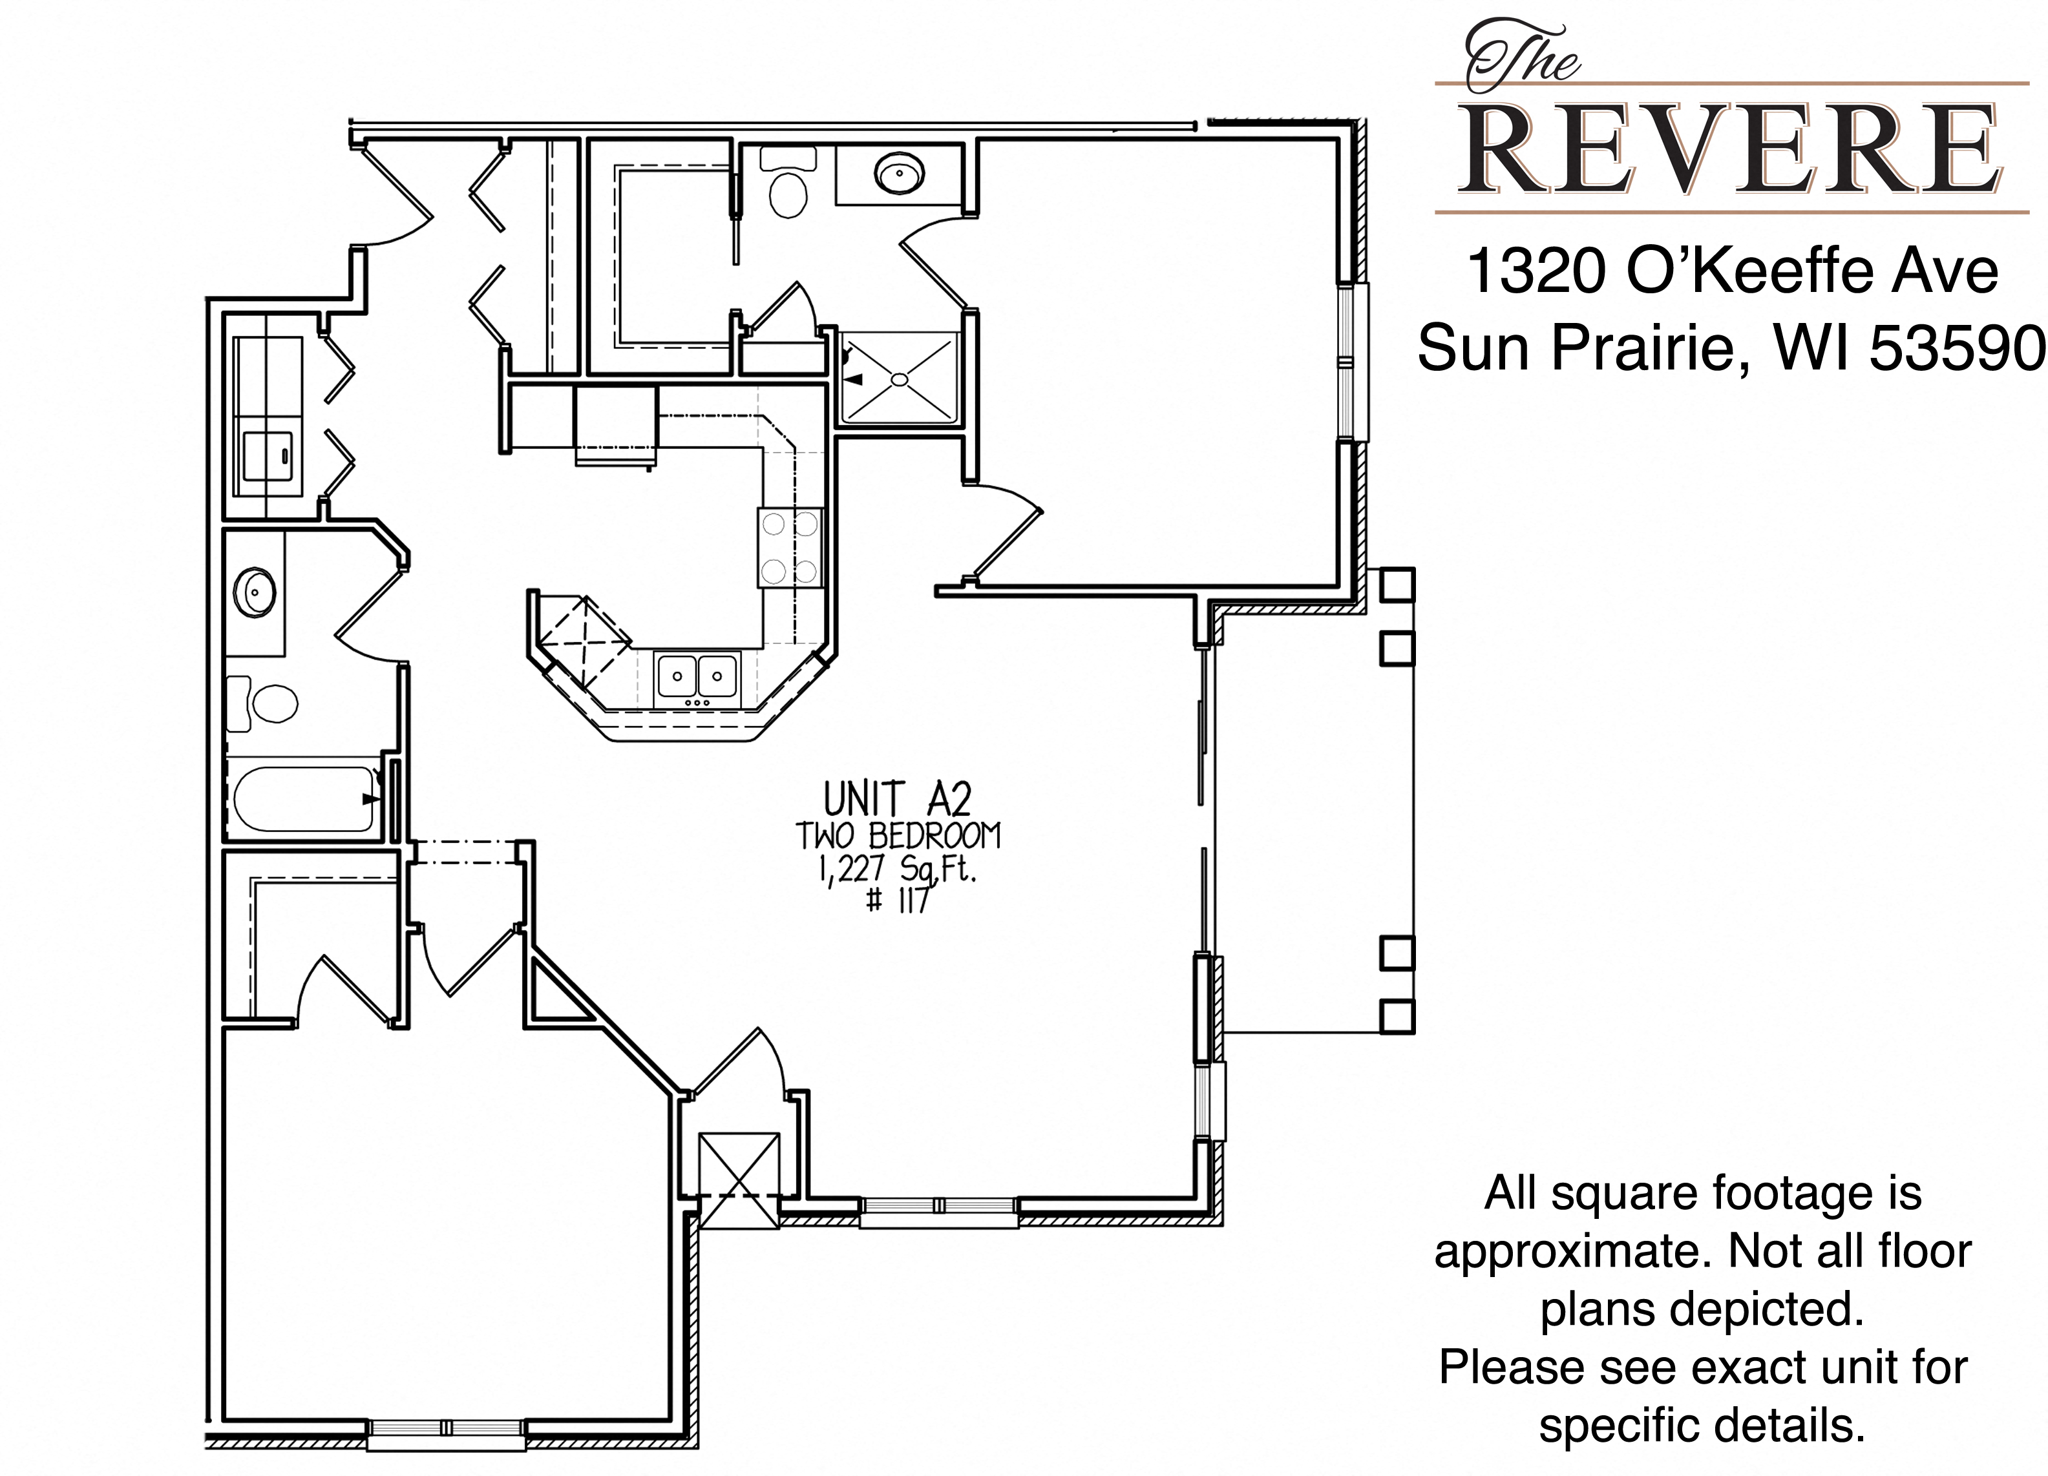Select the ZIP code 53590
click(1956, 348)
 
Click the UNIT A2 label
click(896, 799)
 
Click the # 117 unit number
click(896, 900)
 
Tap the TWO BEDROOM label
click(898, 836)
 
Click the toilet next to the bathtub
click(263, 702)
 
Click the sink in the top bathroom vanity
click(898, 172)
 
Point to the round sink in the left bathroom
click(255, 593)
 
